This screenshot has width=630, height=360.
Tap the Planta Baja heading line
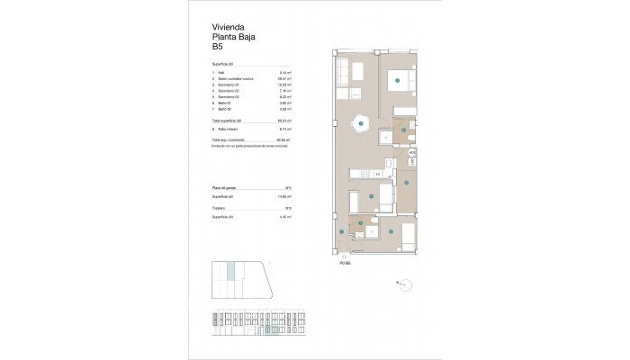point(229,39)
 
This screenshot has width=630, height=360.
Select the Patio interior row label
point(228,130)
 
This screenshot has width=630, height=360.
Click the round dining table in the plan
point(360,125)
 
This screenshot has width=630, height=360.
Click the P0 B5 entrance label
point(344,264)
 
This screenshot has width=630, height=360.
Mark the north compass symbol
point(404,283)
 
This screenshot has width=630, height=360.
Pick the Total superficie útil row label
point(229,121)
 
